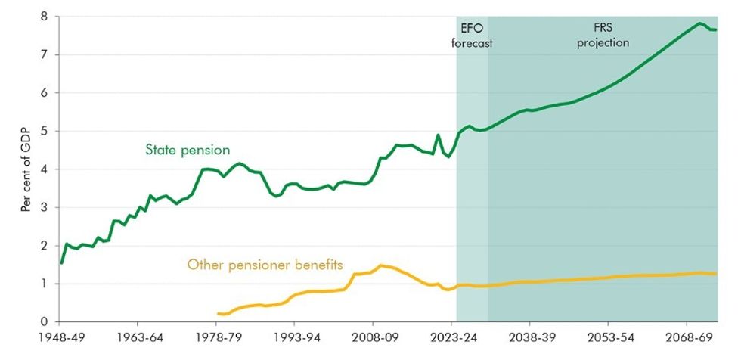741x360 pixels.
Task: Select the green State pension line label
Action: [x=187, y=150]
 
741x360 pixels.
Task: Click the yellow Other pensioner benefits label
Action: [x=265, y=265]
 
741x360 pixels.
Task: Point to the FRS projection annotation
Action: [x=603, y=36]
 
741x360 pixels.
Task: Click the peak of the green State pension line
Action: [x=700, y=23]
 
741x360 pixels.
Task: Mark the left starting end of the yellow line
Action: [x=218, y=313]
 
